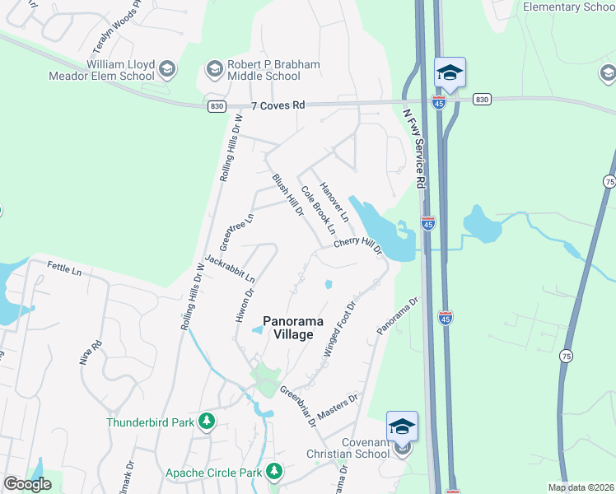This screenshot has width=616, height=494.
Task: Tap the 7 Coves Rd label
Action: (278, 105)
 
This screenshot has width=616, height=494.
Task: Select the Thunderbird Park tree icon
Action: (208, 422)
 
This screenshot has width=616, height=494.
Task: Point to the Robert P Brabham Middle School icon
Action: (216, 68)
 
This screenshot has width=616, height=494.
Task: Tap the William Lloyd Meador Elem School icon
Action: (167, 68)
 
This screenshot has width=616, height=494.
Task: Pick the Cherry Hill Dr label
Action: (358, 245)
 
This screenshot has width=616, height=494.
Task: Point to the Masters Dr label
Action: (337, 408)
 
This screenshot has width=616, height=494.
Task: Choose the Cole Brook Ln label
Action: (317, 206)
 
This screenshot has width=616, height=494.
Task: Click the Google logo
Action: (27, 484)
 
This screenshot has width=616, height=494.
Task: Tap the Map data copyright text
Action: (581, 487)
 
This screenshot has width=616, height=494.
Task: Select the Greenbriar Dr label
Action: (298, 406)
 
